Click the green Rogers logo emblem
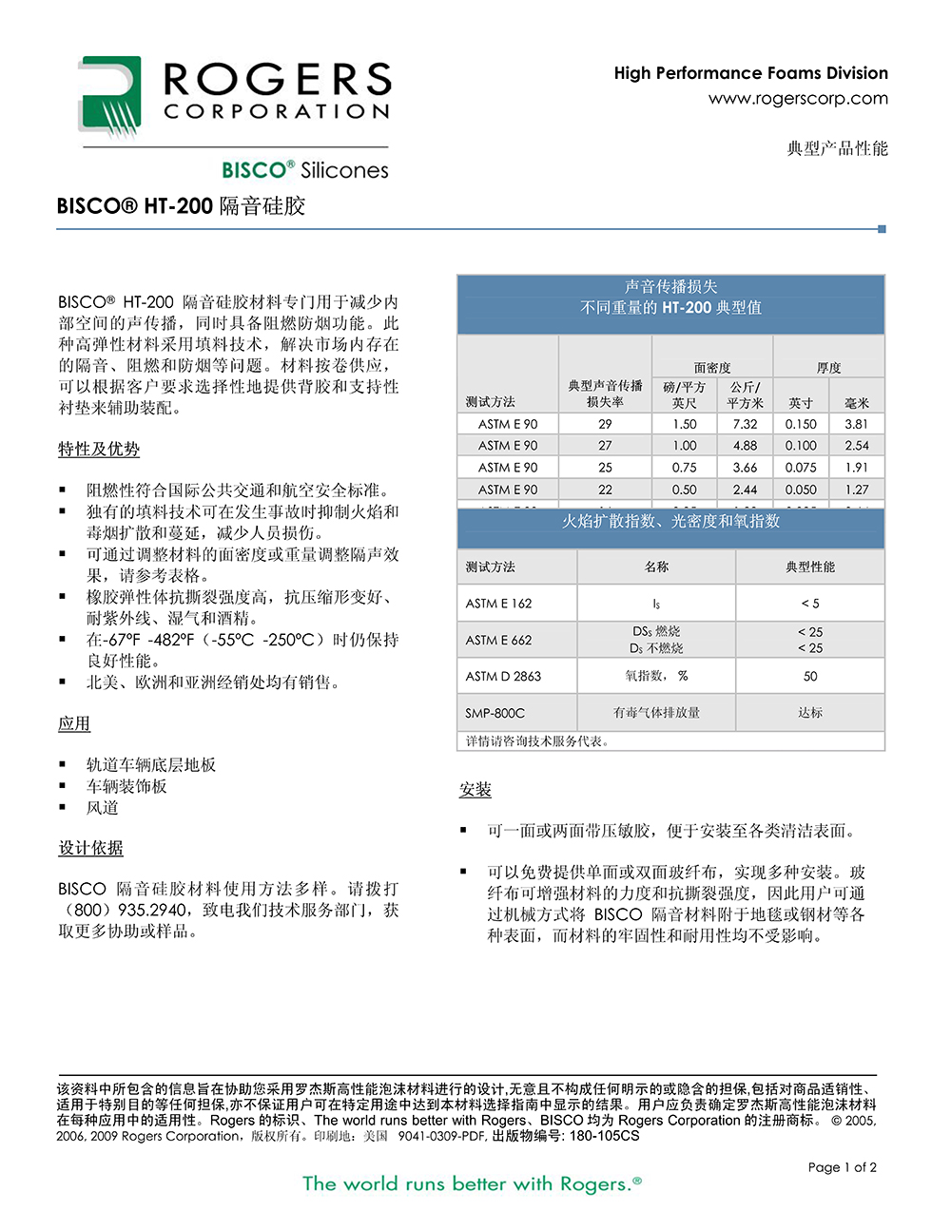coord(109,96)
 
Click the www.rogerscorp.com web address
coord(798,99)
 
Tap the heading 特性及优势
coord(99,449)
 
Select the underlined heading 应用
coord(74,723)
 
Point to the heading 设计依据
coord(90,848)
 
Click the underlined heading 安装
coord(475,790)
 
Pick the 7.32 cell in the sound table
coord(745,424)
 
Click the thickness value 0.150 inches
coord(801,424)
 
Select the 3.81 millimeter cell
coord(856,424)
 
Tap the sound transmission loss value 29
coord(605,424)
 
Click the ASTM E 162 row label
coord(499,603)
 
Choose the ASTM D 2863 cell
coord(503,676)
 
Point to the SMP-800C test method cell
coord(495,713)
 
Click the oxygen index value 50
coord(810,676)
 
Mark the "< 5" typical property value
coord(810,603)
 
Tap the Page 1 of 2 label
coord(842,1167)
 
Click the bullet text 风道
coord(103,807)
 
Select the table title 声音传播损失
coord(670,286)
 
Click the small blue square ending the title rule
coord(882,229)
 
